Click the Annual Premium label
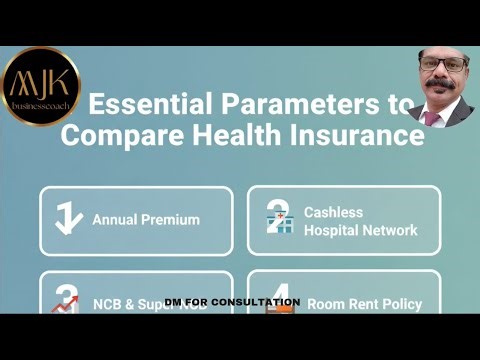[x=146, y=220]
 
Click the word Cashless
[x=333, y=212]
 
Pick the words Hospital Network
[x=360, y=230]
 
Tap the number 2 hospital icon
[x=278, y=220]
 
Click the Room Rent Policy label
[x=364, y=303]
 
